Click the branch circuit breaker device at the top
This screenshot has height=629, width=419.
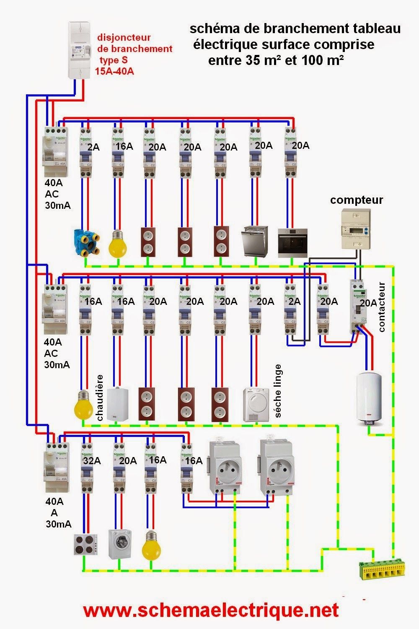click(x=81, y=50)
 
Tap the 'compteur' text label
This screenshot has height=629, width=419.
click(x=356, y=200)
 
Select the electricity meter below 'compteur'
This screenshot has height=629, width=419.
click(x=356, y=229)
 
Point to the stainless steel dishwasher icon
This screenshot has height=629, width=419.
click(x=255, y=242)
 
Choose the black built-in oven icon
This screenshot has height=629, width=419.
click(x=292, y=242)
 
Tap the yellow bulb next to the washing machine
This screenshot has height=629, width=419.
click(x=152, y=545)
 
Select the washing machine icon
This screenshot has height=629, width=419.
click(x=119, y=544)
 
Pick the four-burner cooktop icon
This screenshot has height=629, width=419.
click(x=86, y=545)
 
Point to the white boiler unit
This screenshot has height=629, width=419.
click(x=118, y=404)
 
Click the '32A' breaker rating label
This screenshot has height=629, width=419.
click(x=92, y=461)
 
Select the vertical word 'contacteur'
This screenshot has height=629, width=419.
click(x=382, y=307)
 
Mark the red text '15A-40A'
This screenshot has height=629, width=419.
click(x=114, y=71)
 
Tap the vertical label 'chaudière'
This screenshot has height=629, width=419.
click(x=100, y=398)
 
